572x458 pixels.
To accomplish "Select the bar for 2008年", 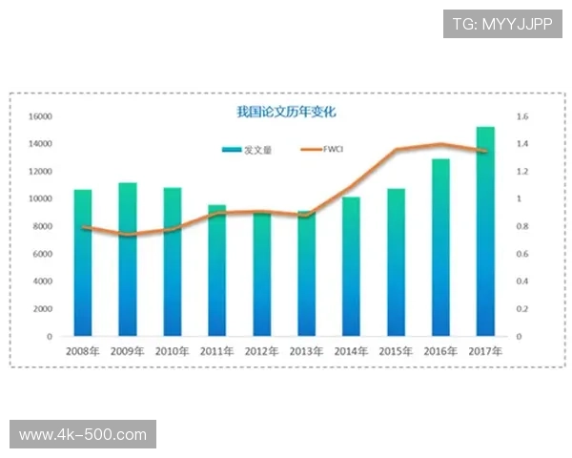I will click(83, 262).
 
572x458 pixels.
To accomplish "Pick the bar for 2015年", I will click(396, 262).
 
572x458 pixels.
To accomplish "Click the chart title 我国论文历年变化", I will click(286, 112).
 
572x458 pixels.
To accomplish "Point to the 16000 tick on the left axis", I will click(40, 116).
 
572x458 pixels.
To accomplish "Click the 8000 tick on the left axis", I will click(43, 227).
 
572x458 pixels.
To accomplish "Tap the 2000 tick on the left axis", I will click(43, 309).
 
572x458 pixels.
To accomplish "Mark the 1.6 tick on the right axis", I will click(521, 116).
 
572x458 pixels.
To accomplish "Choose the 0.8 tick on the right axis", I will click(521, 227).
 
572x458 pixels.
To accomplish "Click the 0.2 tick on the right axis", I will click(521, 309).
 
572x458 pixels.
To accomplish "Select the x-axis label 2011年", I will click(217, 351).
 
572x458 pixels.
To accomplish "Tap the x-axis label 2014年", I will click(352, 351).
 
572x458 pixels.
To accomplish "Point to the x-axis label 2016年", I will click(440, 351).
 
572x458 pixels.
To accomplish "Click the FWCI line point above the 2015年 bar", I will click(396, 150).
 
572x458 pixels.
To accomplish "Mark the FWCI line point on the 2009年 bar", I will click(128, 235).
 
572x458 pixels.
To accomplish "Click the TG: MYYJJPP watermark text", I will click(502, 24).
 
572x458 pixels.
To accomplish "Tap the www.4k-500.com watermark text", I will click(83, 435).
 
